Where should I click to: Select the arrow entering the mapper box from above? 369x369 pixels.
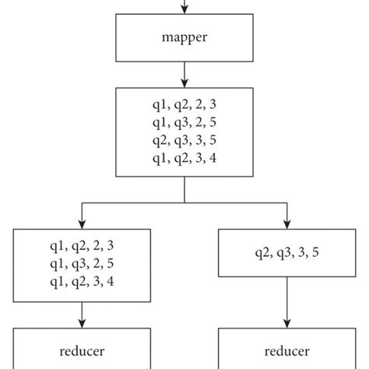click(184, 7)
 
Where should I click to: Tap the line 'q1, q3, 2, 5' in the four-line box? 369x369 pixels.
click(184, 122)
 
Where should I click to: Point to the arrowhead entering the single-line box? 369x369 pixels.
click(287, 223)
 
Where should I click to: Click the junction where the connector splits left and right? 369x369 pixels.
click(184, 202)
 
